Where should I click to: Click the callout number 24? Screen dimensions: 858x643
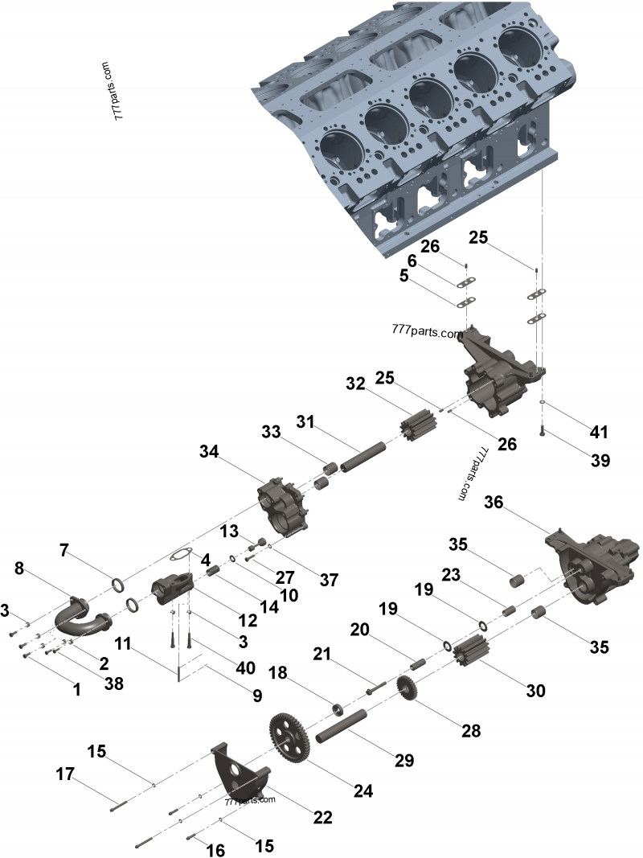pos(363,790)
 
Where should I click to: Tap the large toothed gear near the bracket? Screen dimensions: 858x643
pos(289,738)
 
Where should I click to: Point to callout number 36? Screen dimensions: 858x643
pos(494,503)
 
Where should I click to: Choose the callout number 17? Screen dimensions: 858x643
pos(65,775)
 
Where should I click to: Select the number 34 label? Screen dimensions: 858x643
pos(209,454)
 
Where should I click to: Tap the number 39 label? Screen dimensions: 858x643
pos(600,461)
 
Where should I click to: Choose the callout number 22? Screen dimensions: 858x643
pos(322,817)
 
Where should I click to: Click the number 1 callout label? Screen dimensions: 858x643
pos(77,689)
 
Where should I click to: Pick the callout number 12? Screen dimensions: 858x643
pos(247,620)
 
